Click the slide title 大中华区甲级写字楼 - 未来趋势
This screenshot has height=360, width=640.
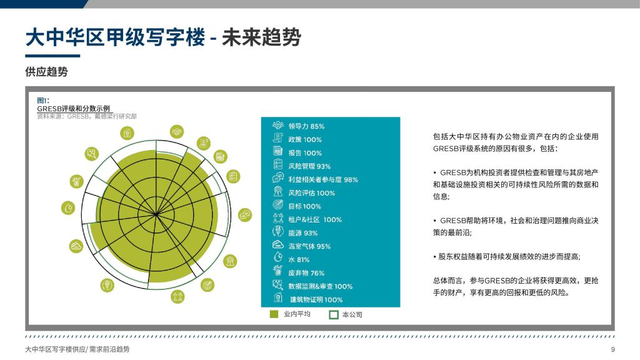click(x=163, y=37)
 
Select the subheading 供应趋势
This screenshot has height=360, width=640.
click(x=46, y=72)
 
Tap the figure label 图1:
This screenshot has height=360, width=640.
click(x=43, y=101)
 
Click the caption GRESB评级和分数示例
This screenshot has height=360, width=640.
click(x=74, y=109)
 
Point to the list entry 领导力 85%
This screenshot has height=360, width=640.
click(x=306, y=126)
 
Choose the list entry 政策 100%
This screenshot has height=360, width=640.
click(x=305, y=139)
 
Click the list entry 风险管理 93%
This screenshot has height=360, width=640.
click(x=309, y=166)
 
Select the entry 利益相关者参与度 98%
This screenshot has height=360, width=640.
click(x=323, y=179)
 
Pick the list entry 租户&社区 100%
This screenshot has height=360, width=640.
click(x=315, y=219)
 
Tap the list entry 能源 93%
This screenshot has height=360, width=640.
click(x=303, y=233)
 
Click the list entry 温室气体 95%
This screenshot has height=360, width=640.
click(x=309, y=246)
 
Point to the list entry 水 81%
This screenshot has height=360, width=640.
click(x=299, y=259)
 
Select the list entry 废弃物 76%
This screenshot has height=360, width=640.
click(x=306, y=273)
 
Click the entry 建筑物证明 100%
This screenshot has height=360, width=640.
click(x=316, y=299)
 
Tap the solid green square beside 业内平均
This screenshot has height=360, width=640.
click(x=274, y=314)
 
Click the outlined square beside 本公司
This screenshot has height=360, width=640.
click(x=334, y=314)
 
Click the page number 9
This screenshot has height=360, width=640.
click(x=612, y=349)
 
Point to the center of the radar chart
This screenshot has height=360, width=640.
click(x=156, y=214)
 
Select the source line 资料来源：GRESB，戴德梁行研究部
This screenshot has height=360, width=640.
click(x=86, y=116)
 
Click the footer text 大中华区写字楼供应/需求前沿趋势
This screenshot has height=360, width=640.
click(x=77, y=349)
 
